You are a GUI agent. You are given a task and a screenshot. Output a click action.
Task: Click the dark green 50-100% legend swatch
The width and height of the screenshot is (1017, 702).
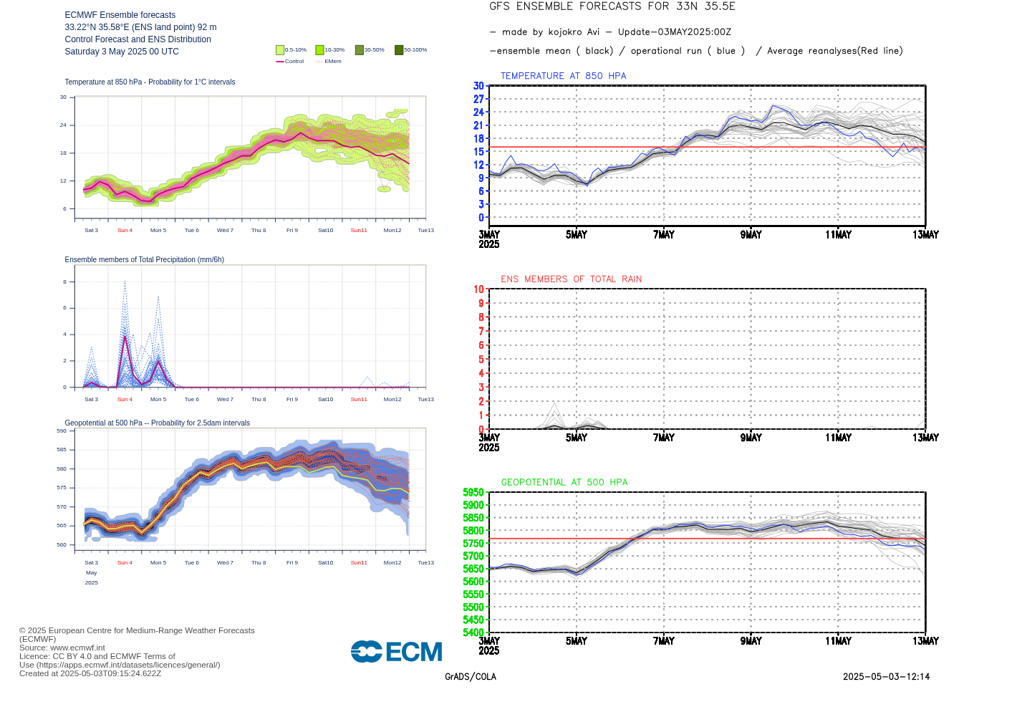(399, 50)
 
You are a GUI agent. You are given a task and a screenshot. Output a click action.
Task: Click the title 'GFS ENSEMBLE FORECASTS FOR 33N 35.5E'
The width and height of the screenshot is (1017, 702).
(612, 6)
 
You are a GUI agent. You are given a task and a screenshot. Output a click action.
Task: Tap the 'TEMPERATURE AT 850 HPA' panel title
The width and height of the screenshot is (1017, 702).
(563, 76)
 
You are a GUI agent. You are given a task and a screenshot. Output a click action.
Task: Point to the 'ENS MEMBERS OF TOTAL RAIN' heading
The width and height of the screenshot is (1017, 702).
(571, 279)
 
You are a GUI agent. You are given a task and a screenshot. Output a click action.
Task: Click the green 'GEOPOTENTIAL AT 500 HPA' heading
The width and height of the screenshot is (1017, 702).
(564, 483)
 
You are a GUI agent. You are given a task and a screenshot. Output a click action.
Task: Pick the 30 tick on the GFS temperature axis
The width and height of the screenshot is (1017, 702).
(478, 86)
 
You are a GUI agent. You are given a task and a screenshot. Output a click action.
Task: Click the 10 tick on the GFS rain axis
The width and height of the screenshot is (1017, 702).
(478, 289)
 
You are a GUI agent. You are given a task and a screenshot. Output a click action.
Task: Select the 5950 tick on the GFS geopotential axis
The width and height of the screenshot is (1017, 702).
(473, 493)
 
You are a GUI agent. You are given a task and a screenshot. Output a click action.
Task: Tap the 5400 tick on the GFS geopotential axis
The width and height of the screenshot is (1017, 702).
(473, 633)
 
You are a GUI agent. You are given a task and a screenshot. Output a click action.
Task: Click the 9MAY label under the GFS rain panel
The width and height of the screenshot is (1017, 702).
(751, 438)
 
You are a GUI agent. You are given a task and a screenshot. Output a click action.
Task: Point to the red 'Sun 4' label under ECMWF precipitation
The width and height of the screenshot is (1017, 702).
(125, 400)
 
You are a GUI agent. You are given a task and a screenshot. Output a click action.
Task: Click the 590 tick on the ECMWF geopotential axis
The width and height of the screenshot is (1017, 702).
(62, 431)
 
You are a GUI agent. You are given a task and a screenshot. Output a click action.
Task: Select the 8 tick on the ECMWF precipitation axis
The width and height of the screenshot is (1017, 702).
(64, 282)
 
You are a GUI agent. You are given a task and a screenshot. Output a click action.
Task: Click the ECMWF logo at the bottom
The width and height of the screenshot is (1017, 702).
(396, 652)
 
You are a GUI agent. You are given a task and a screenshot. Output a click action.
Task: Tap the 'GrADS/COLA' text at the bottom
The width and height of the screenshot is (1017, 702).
(470, 677)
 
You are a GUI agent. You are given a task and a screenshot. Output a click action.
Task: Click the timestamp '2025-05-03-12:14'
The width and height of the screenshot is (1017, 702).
(886, 677)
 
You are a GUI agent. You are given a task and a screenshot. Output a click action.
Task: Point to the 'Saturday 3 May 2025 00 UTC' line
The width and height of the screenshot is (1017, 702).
(122, 52)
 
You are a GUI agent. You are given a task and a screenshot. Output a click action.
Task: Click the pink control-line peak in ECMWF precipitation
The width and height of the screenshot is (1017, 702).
(125, 336)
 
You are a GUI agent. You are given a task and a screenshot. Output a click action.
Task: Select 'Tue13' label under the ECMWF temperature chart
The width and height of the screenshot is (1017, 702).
(425, 231)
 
